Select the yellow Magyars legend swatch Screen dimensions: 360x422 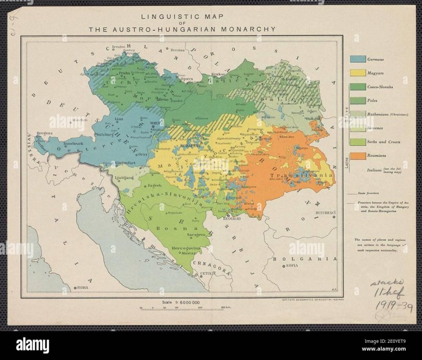point(357,73)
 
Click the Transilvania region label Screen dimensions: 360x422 point(301,175)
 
